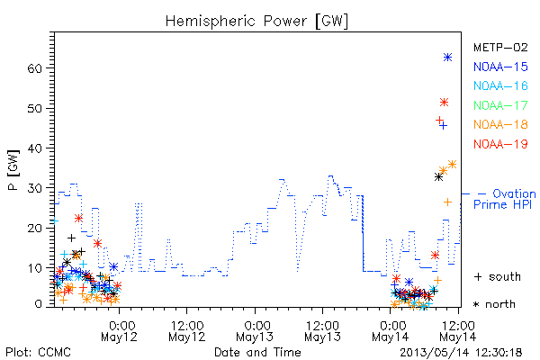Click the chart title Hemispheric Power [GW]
point(256,21)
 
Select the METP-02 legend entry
point(500,47)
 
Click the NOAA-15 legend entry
point(500,67)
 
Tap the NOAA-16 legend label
point(500,85)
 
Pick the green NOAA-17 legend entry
point(500,105)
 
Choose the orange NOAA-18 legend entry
point(500,124)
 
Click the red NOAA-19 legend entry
point(500,144)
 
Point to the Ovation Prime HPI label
point(504,199)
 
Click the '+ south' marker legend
point(498,276)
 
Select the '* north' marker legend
point(494,304)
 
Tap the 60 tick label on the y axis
point(34,68)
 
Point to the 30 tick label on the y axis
point(34,188)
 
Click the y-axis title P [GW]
point(13,170)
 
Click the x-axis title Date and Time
point(257,352)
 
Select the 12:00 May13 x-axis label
point(323,331)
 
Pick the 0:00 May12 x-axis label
point(119,331)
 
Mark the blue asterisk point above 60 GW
point(447,58)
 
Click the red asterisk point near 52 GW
point(444,103)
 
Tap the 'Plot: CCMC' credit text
point(38,353)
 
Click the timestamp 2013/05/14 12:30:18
point(461,353)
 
